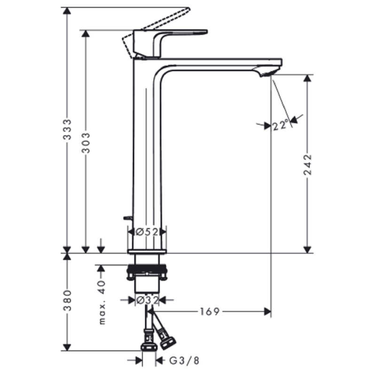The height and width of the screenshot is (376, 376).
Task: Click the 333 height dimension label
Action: [x=67, y=129]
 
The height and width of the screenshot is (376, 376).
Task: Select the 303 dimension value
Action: [x=86, y=143]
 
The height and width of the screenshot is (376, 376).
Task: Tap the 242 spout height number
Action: [x=308, y=165]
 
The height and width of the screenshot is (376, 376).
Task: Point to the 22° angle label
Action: [x=281, y=125]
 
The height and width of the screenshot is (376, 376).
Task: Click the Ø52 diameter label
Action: [x=147, y=232]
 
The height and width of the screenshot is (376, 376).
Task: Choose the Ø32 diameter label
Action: [x=147, y=300]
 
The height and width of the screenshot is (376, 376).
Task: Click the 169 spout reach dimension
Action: [x=210, y=312]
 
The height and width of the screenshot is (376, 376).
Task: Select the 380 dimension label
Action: [x=67, y=300]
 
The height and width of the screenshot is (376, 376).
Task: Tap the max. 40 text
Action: [x=102, y=302]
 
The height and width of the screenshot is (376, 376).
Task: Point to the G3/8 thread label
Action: [x=184, y=360]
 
